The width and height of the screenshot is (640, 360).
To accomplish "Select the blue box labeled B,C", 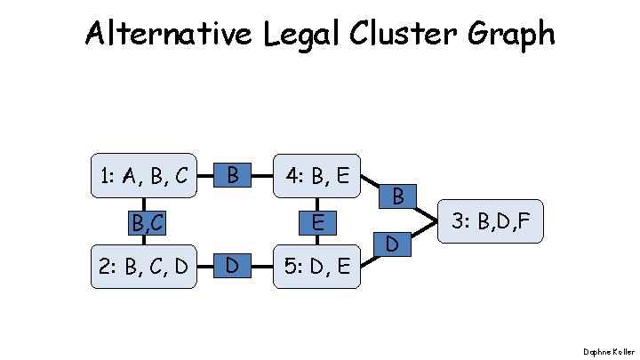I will pos(144,220).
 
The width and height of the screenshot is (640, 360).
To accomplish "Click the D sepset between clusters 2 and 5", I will pos(232,265).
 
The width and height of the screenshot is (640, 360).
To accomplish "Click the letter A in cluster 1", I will pos(130,176).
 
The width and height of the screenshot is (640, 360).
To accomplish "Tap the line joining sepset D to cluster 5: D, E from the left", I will pos(263,265).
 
